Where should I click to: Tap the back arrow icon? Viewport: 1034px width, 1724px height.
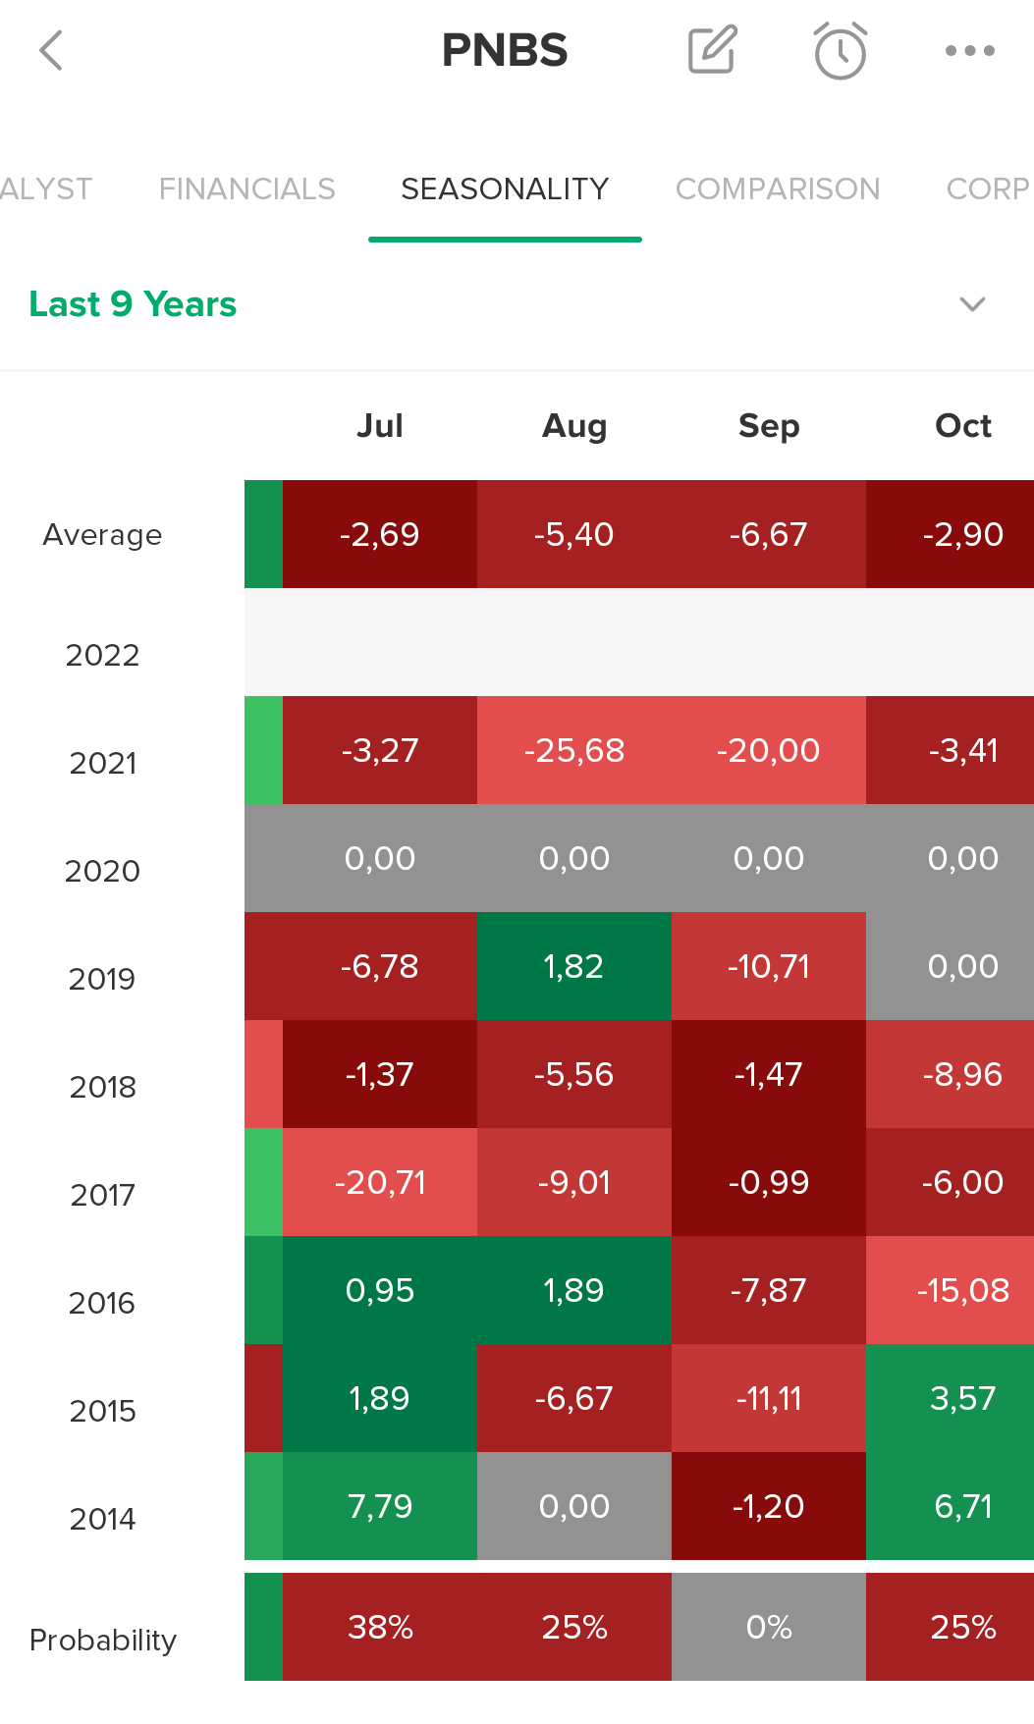[51, 50]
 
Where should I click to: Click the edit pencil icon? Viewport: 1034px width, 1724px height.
[713, 49]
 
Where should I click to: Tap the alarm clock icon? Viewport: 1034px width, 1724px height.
[841, 50]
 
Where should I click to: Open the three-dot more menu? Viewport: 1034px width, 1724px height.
[970, 50]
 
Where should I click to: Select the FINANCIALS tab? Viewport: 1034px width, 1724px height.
[247, 189]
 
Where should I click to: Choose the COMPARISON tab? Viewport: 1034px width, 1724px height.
[778, 189]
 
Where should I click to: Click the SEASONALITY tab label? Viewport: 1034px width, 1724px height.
[505, 189]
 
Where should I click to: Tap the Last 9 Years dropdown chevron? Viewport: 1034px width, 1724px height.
[972, 304]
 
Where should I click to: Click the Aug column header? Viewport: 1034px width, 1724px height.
[574, 426]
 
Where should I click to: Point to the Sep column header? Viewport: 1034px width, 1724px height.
[769, 426]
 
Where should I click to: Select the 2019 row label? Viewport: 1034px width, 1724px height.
[102, 979]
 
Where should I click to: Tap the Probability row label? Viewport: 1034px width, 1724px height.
[103, 1640]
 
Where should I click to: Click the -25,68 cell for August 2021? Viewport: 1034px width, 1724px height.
[574, 750]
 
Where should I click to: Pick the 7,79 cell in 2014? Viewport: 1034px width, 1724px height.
[380, 1506]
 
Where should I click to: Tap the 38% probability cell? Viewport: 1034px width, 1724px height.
[380, 1627]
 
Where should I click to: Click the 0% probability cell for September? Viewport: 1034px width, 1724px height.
[769, 1627]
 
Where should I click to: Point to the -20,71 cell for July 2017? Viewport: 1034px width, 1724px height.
[380, 1182]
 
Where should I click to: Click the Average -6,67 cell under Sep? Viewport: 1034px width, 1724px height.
[769, 534]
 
